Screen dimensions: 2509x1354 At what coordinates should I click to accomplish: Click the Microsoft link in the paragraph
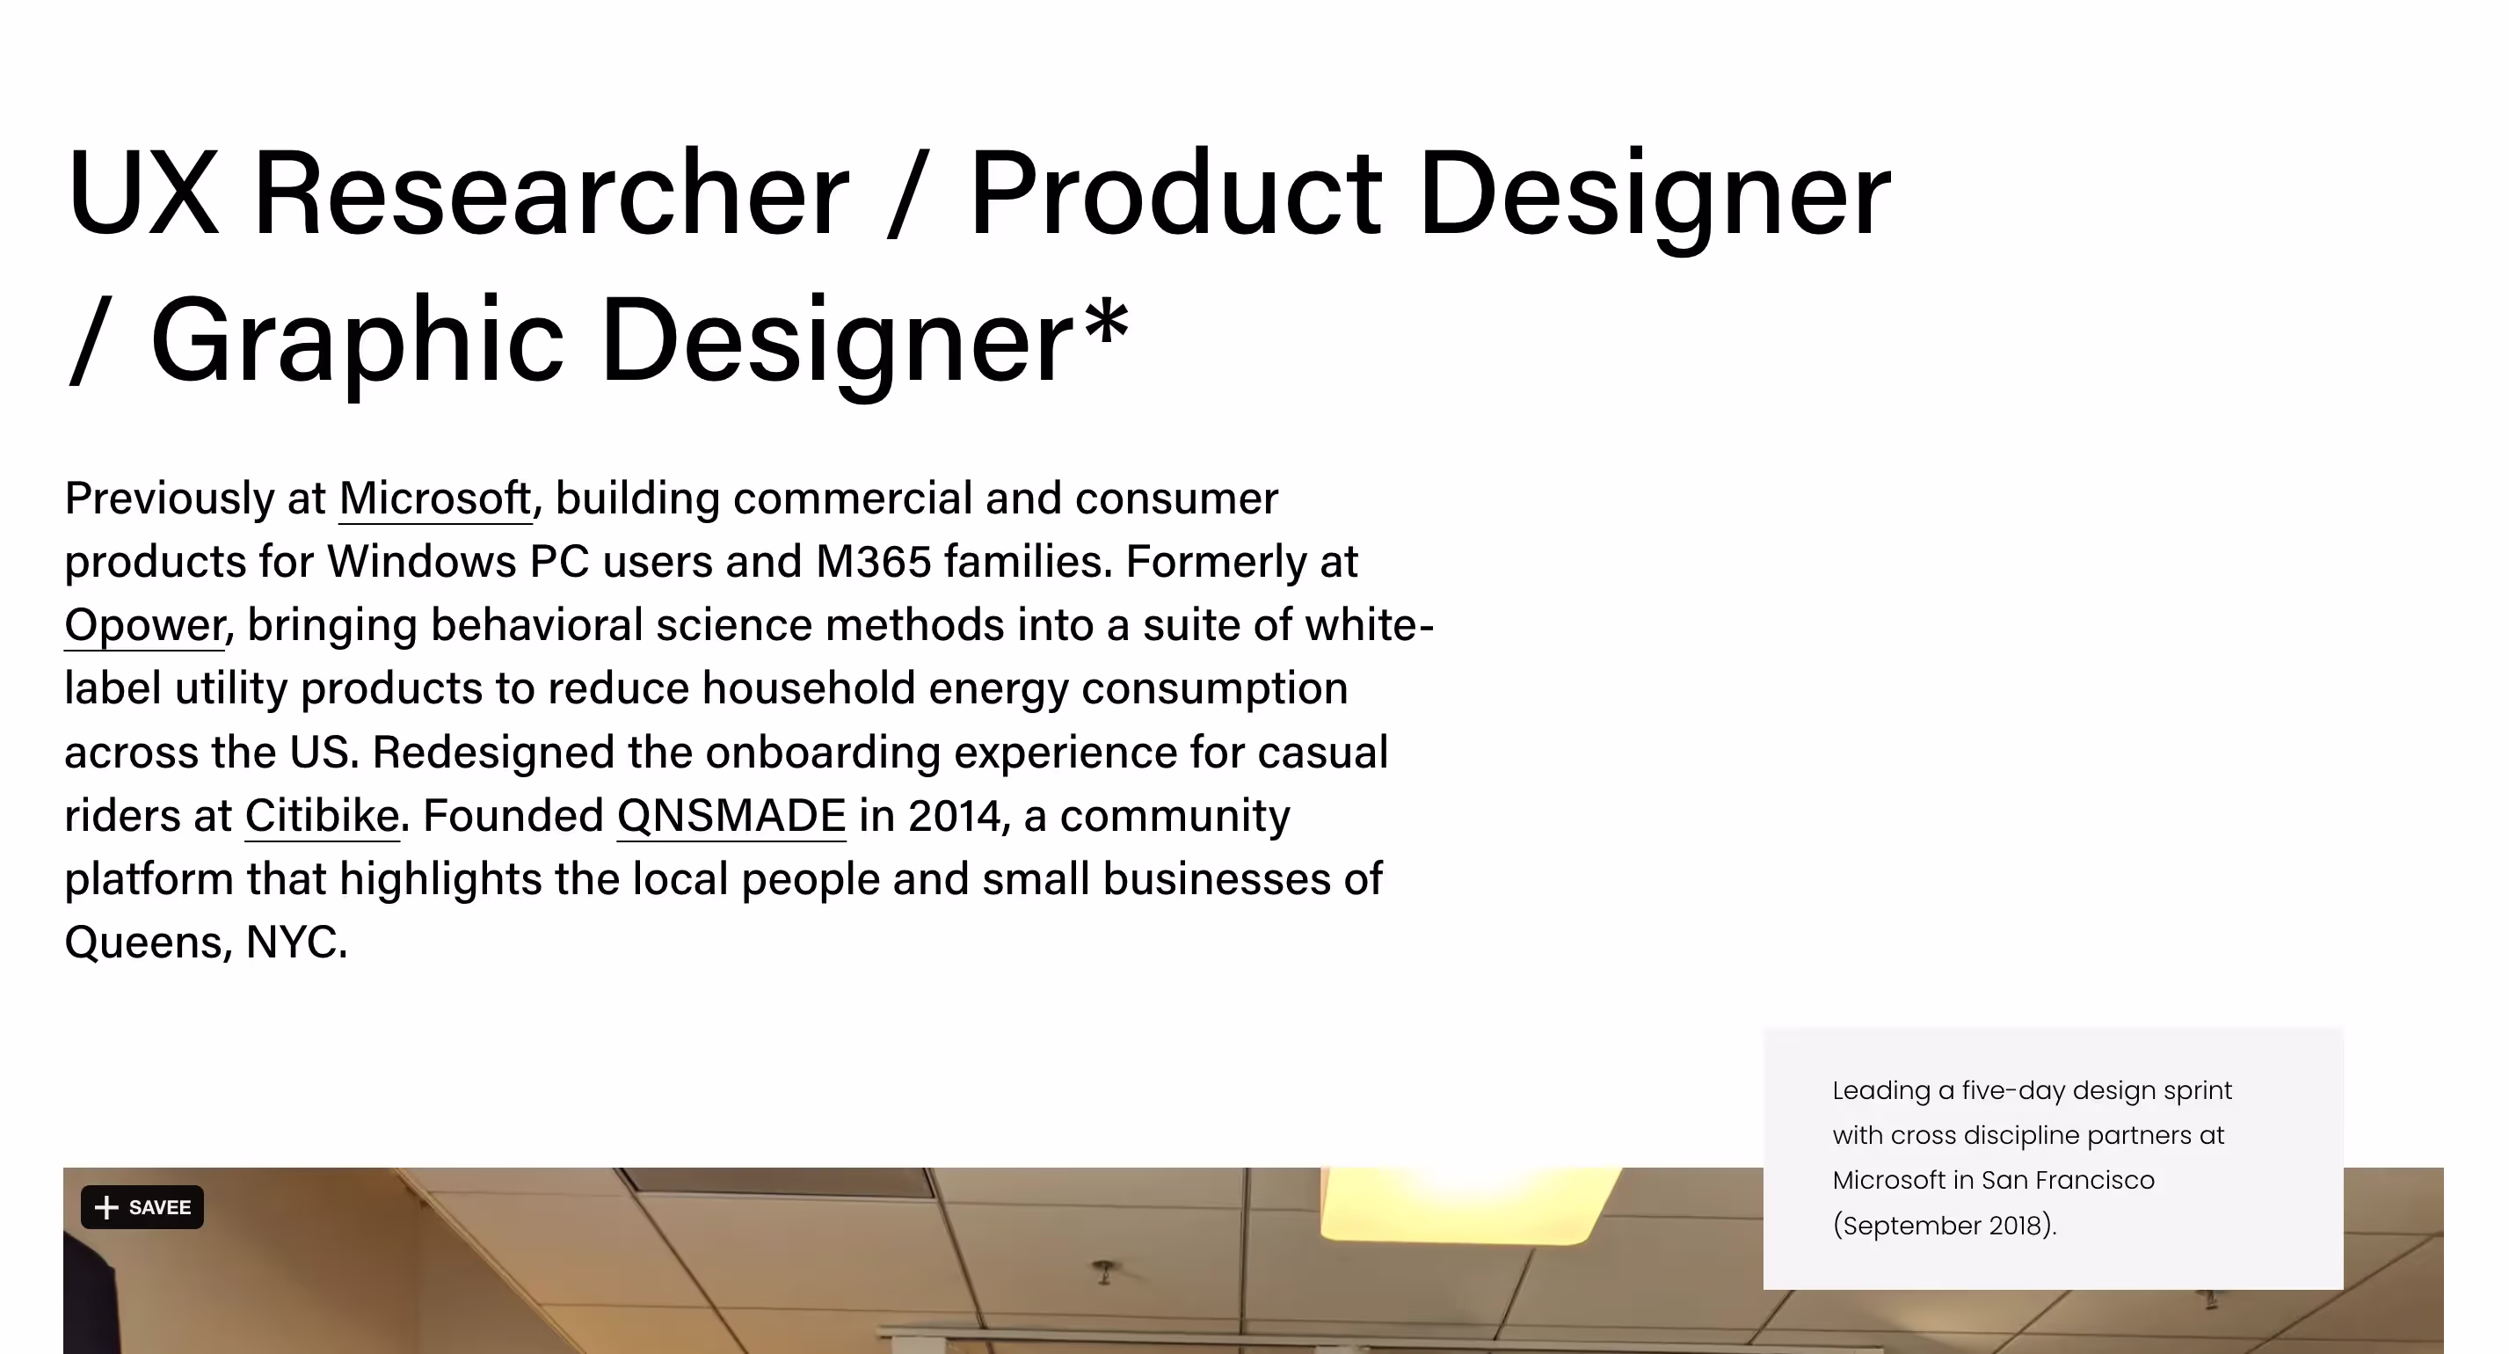tap(435, 499)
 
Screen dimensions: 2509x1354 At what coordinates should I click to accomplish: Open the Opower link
tap(145, 625)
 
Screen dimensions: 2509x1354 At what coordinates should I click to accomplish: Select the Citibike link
tap(322, 815)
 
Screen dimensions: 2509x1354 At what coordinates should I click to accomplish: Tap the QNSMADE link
tap(731, 815)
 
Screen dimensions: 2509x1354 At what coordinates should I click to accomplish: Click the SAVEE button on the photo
tap(142, 1207)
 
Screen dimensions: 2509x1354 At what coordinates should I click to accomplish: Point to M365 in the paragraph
tap(873, 561)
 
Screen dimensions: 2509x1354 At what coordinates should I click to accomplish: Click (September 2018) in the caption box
tap(1944, 1226)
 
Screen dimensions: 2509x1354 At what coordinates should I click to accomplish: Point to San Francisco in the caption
tap(2068, 1180)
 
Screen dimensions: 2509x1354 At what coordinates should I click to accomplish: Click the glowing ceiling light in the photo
tap(1469, 1205)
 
